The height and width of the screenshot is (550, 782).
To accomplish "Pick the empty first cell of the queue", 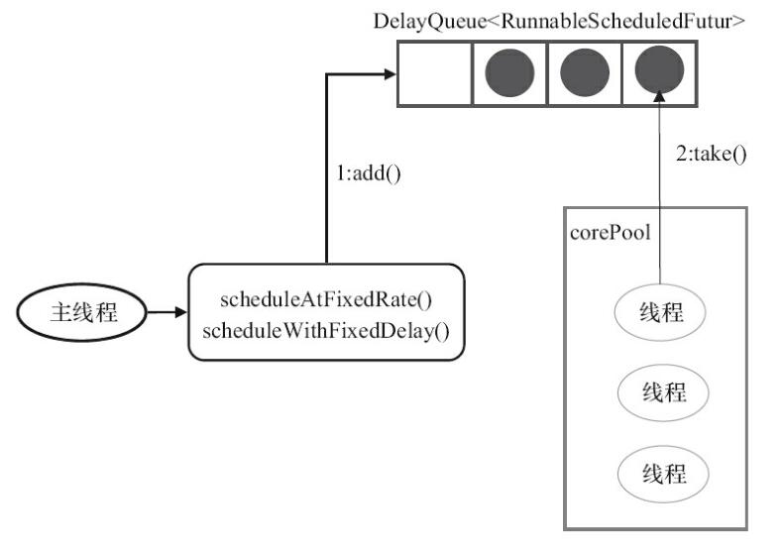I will pyautogui.click(x=435, y=73).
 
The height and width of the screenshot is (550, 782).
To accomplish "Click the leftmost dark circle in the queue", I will pyautogui.click(x=510, y=73).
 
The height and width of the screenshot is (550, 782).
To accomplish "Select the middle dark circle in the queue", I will pyautogui.click(x=585, y=73).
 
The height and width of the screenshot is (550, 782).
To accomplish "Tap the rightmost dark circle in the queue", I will pyautogui.click(x=659, y=73).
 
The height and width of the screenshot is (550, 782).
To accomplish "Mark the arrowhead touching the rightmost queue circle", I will pyautogui.click(x=659, y=97).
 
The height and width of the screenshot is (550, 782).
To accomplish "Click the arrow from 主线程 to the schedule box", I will pyautogui.click(x=167, y=313).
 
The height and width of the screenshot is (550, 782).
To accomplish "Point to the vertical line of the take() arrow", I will pyautogui.click(x=659, y=198).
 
